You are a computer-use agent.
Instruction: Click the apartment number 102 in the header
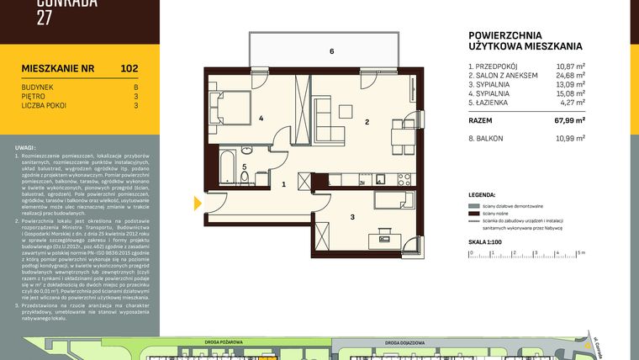point(129,68)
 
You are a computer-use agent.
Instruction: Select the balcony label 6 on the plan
point(332,52)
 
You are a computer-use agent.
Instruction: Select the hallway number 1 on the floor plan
point(284,183)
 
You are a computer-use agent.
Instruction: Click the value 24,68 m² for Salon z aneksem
point(570,76)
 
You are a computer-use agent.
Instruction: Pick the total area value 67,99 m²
point(570,120)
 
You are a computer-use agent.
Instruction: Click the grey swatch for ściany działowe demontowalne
point(476,206)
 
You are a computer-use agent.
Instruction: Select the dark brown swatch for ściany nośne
point(476,214)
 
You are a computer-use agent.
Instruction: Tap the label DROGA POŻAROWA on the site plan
point(224,342)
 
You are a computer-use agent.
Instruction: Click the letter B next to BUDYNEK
point(135,87)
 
